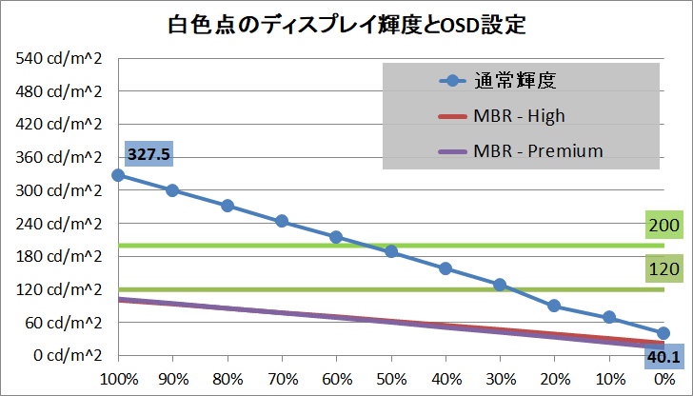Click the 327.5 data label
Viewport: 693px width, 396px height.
146,152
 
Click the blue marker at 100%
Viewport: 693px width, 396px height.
117,175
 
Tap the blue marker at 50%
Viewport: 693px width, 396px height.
391,252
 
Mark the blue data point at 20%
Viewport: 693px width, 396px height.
554,306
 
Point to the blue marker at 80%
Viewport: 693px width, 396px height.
228,206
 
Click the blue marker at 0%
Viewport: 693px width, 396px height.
663,333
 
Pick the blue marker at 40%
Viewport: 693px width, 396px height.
445,268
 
